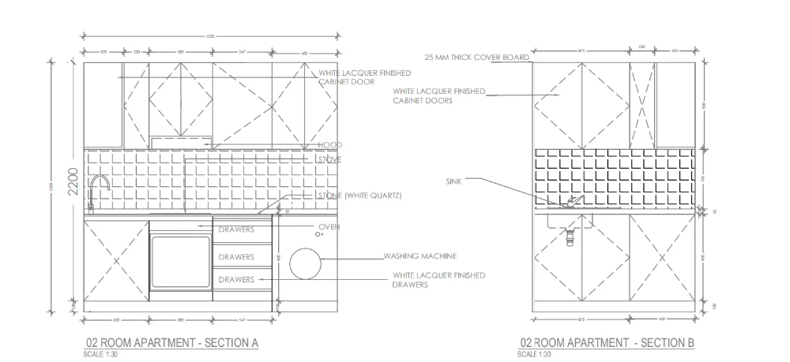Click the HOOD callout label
click(329, 146)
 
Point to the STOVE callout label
click(329, 159)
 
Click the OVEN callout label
click(329, 227)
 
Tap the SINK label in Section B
click(456, 181)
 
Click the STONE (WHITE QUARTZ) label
click(359, 196)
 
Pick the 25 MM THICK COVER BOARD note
click(476, 58)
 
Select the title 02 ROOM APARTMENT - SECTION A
click(171, 343)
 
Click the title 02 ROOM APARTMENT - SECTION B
click(607, 343)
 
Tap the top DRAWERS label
click(236, 230)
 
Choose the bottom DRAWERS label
click(236, 279)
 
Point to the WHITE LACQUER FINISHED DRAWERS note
click(438, 280)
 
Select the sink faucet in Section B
click(571, 202)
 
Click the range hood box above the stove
click(181, 141)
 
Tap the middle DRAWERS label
click(236, 257)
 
